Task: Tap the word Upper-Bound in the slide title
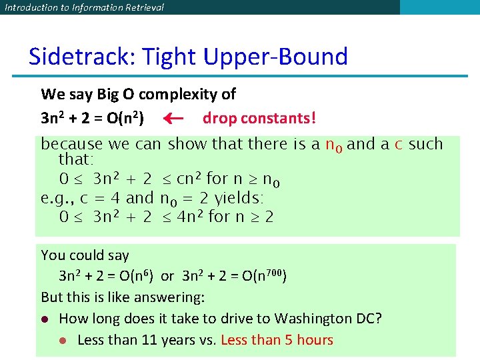point(275,57)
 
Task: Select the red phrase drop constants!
point(259,118)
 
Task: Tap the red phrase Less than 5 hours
point(277,340)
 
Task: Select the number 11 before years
point(146,340)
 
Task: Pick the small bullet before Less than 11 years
point(63,341)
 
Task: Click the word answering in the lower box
point(169,297)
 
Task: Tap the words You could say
point(85,255)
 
